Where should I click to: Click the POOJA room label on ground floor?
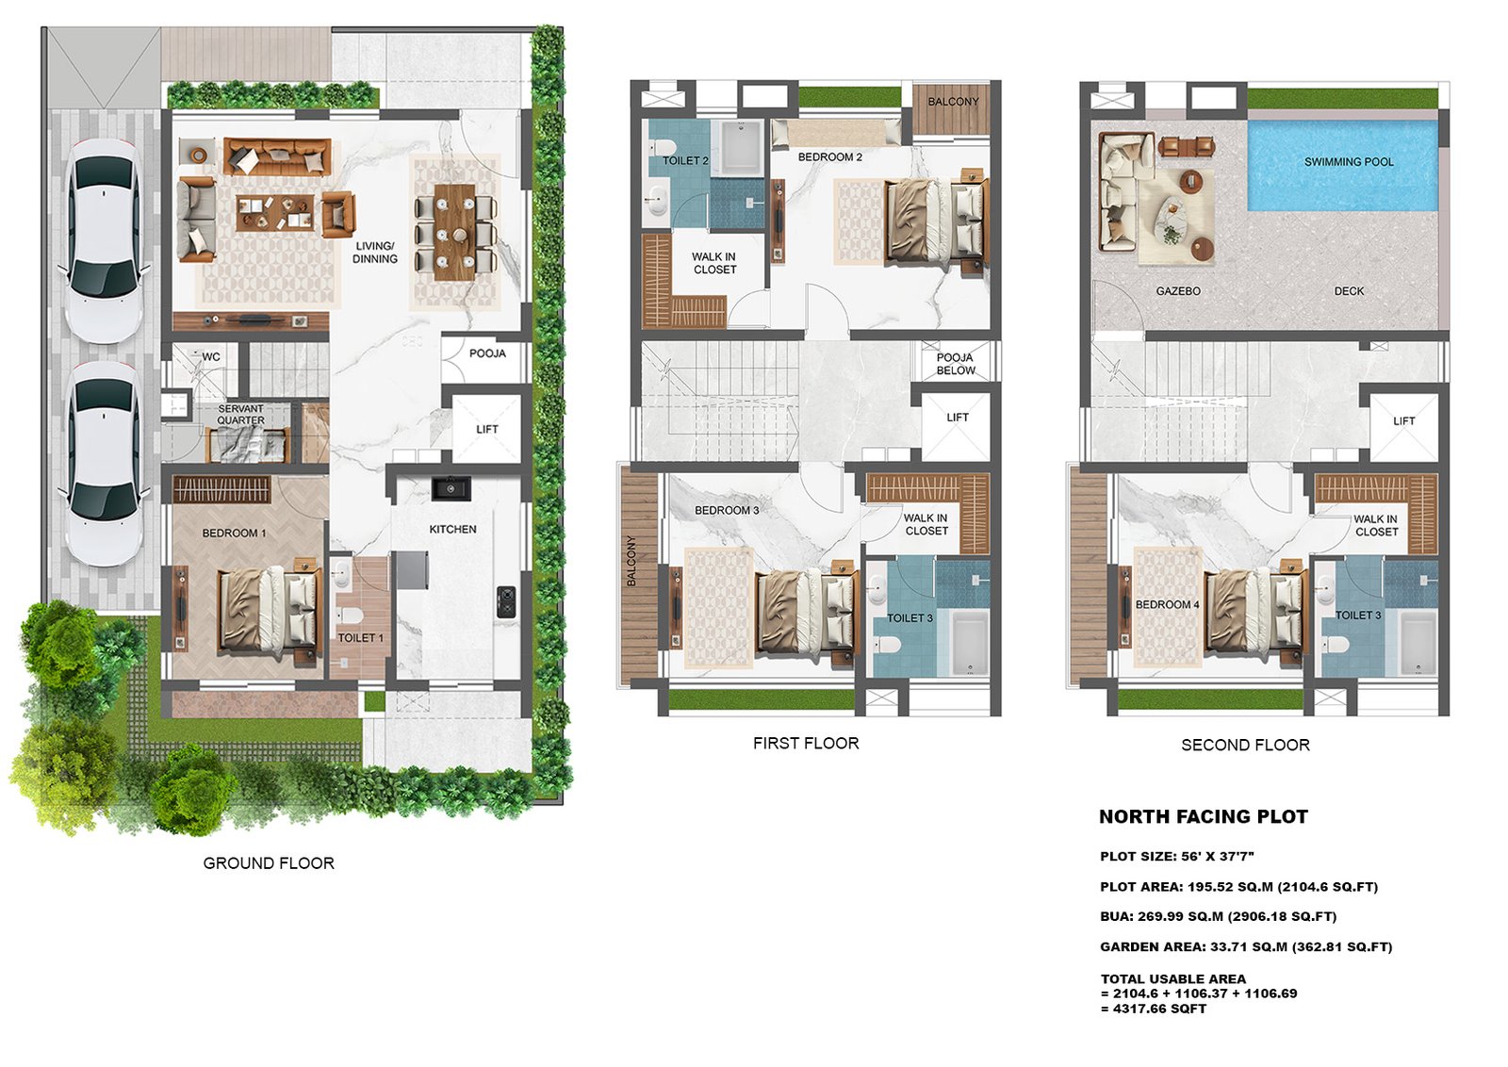tap(487, 353)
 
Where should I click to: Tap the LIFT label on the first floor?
tap(958, 418)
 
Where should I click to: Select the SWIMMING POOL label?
tap(1349, 161)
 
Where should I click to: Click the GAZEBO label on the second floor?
tap(1178, 291)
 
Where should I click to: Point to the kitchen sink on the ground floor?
tap(451, 488)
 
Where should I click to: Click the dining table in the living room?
tap(454, 232)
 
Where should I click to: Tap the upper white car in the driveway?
tap(105, 240)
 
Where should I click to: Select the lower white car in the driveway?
tap(105, 465)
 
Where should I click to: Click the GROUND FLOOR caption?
tap(269, 863)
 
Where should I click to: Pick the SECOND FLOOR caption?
tap(1245, 746)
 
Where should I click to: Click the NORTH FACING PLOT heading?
tap(1203, 816)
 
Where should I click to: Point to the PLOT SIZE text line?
tap(1177, 856)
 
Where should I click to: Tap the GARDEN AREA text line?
tap(1246, 946)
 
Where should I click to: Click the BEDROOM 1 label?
tap(235, 533)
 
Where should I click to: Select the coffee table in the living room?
tap(274, 212)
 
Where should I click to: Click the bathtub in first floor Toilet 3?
tap(970, 642)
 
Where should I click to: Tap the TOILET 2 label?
tap(685, 161)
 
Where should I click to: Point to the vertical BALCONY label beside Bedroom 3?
tap(631, 561)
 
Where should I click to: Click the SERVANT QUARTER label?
tap(240, 414)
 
